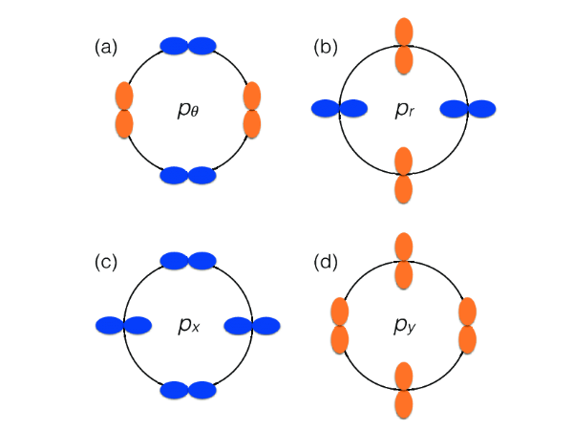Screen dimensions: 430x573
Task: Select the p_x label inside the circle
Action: click(187, 326)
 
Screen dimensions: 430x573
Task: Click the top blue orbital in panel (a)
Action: click(188, 45)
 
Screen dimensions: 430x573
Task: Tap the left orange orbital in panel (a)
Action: click(124, 110)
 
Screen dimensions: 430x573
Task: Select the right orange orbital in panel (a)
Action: click(252, 110)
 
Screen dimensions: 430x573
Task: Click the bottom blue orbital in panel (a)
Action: click(188, 175)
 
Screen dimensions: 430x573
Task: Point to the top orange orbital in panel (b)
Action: click(403, 45)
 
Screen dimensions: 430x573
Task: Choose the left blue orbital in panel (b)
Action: click(339, 109)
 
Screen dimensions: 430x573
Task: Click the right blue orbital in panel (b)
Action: click(468, 109)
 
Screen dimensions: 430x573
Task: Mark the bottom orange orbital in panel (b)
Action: click(403, 175)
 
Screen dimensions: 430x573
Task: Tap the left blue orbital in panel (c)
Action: click(124, 326)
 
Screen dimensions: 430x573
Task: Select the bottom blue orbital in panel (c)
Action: click(188, 390)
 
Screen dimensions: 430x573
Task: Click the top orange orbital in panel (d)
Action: click(403, 261)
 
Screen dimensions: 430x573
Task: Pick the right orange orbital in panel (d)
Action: click(467, 325)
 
